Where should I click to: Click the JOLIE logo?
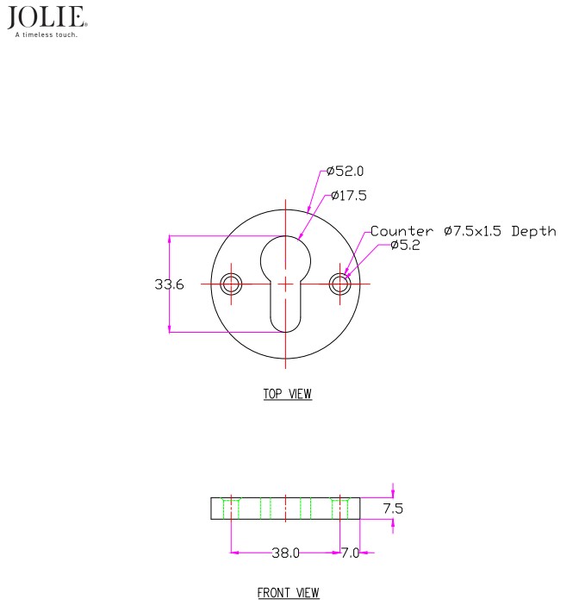point(47,17)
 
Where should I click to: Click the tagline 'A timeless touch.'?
point(47,34)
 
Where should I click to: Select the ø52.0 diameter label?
point(346,171)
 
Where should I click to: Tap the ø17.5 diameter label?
point(349,195)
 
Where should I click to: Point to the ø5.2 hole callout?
point(405,245)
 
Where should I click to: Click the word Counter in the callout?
point(402,231)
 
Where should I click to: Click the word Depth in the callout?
point(533,232)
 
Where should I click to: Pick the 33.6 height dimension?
point(169,284)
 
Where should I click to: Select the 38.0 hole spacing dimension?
point(285,553)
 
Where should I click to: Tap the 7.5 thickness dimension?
point(393,509)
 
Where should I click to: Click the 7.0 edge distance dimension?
point(351,553)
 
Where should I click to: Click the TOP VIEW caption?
point(288,394)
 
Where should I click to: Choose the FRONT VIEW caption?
point(289,593)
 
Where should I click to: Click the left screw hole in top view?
point(231,284)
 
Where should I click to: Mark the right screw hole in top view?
point(339,284)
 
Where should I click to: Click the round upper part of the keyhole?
point(285,260)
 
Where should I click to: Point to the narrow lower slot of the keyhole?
point(285,309)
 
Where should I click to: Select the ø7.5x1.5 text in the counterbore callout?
point(472,231)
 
